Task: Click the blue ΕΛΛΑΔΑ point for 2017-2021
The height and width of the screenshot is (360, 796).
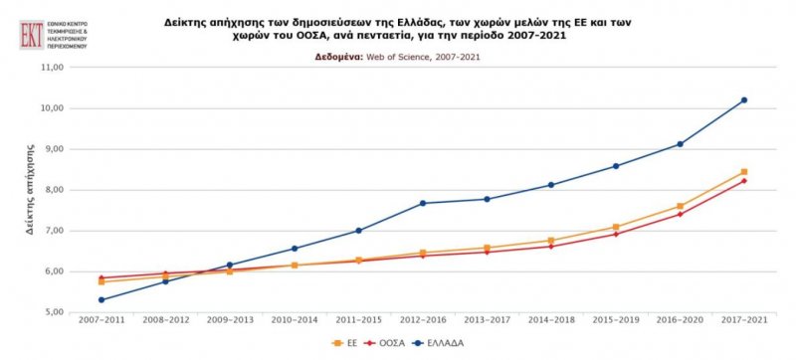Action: pyautogui.click(x=744, y=100)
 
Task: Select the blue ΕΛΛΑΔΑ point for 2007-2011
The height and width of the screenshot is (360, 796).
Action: pyautogui.click(x=102, y=299)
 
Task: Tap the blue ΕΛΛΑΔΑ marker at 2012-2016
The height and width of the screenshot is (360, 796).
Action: pyautogui.click(x=423, y=203)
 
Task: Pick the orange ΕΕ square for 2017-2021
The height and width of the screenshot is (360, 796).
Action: pyautogui.click(x=744, y=172)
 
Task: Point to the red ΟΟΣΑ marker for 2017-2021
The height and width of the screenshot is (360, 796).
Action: pyautogui.click(x=744, y=180)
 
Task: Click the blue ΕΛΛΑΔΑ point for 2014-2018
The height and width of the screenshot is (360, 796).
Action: pyautogui.click(x=551, y=185)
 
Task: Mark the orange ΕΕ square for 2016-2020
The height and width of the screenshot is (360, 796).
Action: pyautogui.click(x=680, y=206)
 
